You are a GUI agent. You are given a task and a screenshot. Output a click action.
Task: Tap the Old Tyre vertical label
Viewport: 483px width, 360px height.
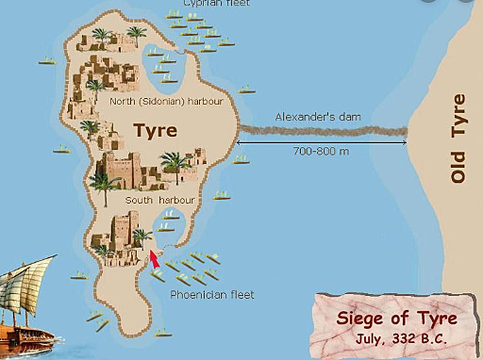click(x=459, y=138)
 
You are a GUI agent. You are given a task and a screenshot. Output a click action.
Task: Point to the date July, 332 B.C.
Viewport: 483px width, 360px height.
click(x=400, y=338)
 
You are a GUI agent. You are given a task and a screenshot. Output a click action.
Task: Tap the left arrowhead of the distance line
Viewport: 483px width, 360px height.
click(x=240, y=142)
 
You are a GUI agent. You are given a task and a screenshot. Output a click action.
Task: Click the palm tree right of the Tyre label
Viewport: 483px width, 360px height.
click(x=175, y=166)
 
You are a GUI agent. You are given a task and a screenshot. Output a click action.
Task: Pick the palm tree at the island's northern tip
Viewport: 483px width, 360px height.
click(x=136, y=36)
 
